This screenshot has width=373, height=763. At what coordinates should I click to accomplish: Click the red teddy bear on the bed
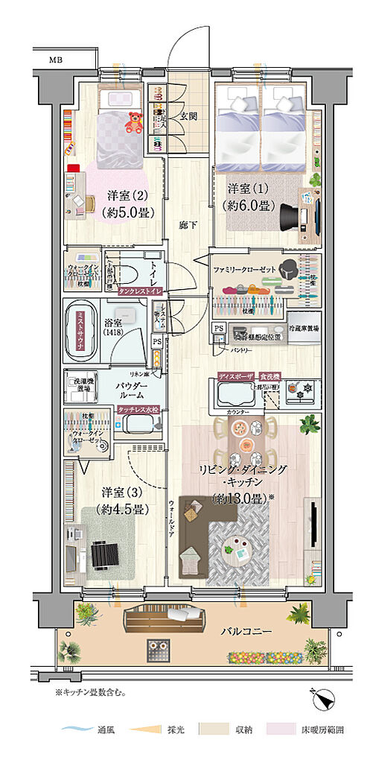pyautogui.click(x=135, y=123)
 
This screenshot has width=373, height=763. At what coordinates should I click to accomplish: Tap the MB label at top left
pyautogui.click(x=57, y=58)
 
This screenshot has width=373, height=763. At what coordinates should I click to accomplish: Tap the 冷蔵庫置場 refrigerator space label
pyautogui.click(x=304, y=328)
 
